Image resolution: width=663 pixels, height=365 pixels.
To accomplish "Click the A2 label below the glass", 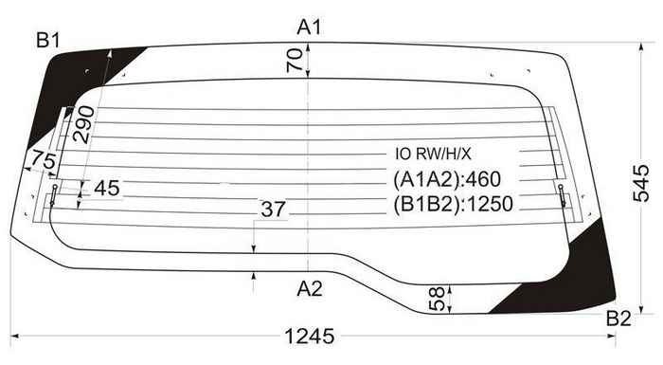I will click(x=310, y=288).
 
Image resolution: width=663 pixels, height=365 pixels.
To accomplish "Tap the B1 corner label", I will click(x=48, y=40).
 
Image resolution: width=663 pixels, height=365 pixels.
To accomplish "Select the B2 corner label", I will click(x=618, y=319).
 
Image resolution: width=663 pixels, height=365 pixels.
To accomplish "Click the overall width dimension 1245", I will click(x=310, y=337).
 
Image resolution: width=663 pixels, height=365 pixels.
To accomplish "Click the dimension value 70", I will click(x=295, y=62).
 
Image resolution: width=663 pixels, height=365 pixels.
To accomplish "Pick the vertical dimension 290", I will click(x=83, y=124).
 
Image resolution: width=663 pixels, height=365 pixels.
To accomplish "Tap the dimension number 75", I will click(x=41, y=160).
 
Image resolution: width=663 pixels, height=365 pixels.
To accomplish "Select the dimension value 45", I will click(x=107, y=189).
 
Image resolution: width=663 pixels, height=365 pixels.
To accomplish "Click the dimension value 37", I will click(x=273, y=210).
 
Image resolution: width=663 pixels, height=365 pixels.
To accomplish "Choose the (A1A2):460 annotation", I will click(x=445, y=179).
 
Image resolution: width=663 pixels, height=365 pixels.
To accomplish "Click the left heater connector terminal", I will click(x=55, y=195).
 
